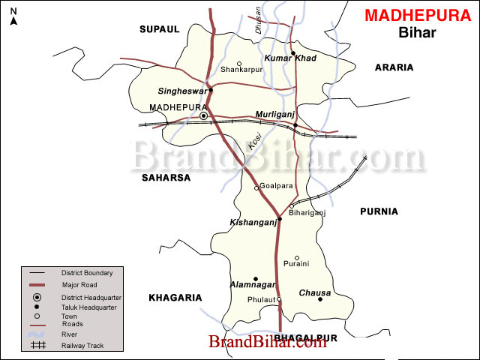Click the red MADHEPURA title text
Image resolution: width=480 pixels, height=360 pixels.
tap(418, 15)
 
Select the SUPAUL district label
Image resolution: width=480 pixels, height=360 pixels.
tap(160, 29)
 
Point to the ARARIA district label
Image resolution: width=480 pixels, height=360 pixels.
tap(394, 67)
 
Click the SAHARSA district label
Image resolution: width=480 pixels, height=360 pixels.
tap(166, 178)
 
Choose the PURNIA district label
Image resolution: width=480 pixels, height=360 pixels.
tap(379, 211)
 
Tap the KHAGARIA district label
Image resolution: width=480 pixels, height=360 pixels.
tap(175, 298)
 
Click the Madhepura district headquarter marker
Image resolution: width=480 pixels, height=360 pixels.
tap(203, 116)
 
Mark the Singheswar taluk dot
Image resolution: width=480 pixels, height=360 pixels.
tap(211, 90)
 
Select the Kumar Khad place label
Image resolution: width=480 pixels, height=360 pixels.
tap(290, 58)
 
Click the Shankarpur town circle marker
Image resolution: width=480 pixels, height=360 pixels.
tap(239, 64)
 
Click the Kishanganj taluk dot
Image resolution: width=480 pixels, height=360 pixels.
tap(280, 219)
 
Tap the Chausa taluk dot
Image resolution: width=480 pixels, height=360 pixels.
tap(319, 299)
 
